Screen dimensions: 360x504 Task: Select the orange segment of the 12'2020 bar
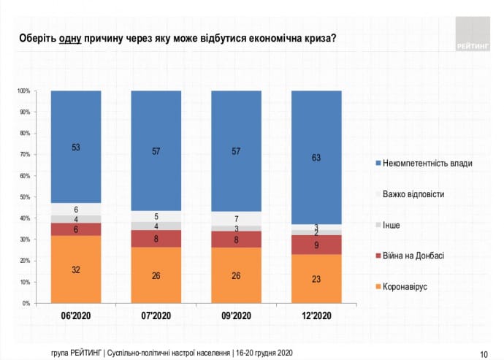(316, 278)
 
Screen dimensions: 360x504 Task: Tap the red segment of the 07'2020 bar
(156, 239)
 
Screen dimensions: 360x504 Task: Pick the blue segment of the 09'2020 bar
(236, 151)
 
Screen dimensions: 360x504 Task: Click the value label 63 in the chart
(316, 156)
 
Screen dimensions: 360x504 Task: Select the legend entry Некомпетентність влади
(431, 163)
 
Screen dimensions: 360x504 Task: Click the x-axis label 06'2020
(76, 316)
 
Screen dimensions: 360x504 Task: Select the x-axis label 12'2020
(316, 316)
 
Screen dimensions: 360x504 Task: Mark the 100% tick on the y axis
(23, 91)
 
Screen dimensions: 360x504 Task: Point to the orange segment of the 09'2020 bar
(236, 275)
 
